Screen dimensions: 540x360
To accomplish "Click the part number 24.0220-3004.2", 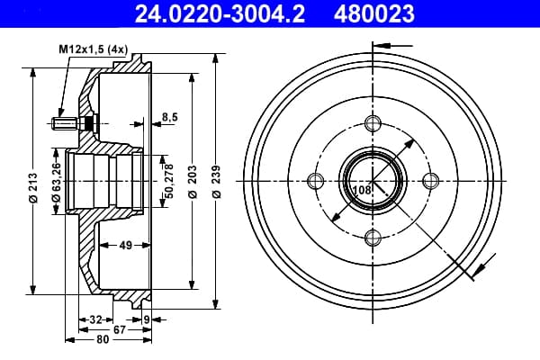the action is (x=220, y=13).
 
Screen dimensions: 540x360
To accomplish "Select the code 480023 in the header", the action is (x=374, y=13).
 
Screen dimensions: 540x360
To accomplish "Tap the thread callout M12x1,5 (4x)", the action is (x=94, y=49).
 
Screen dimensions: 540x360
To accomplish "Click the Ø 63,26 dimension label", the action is (x=56, y=182).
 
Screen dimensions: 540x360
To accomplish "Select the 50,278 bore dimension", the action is (x=169, y=181).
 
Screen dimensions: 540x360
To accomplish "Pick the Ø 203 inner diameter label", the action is (x=193, y=182).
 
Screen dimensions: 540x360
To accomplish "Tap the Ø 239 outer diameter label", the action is (x=216, y=182).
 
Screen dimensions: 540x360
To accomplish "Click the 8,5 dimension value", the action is (x=170, y=117).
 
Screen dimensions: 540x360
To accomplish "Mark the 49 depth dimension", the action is (x=125, y=246).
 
